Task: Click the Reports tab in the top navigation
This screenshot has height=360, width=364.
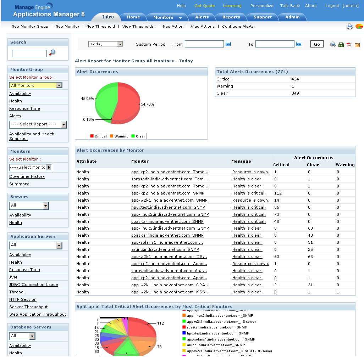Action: [x=231, y=17]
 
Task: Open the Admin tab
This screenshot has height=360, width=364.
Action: [x=292, y=17]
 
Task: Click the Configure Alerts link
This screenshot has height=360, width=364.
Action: [x=238, y=27]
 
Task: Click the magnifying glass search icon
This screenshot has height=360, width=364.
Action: [x=53, y=53]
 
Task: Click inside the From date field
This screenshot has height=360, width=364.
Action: [x=204, y=44]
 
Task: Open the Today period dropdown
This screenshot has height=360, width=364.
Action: [x=106, y=44]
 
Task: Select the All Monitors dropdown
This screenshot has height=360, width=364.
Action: [x=36, y=85]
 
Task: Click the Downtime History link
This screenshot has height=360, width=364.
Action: [x=27, y=176]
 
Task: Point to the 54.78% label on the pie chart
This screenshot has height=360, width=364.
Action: [x=148, y=104]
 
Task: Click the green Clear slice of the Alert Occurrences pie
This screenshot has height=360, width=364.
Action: [x=106, y=100]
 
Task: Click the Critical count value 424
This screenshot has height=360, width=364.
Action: [x=295, y=79]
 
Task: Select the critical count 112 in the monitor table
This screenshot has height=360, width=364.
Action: [x=278, y=193]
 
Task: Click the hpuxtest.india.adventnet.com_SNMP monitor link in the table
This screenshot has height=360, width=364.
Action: [x=168, y=207]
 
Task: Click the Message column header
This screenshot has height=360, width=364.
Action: [x=241, y=161]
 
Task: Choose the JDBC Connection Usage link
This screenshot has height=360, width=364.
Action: [x=34, y=285]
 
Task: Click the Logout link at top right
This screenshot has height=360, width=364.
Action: [x=332, y=6]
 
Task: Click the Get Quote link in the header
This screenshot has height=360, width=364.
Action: [x=204, y=6]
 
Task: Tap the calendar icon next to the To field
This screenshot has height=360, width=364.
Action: [x=299, y=44]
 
